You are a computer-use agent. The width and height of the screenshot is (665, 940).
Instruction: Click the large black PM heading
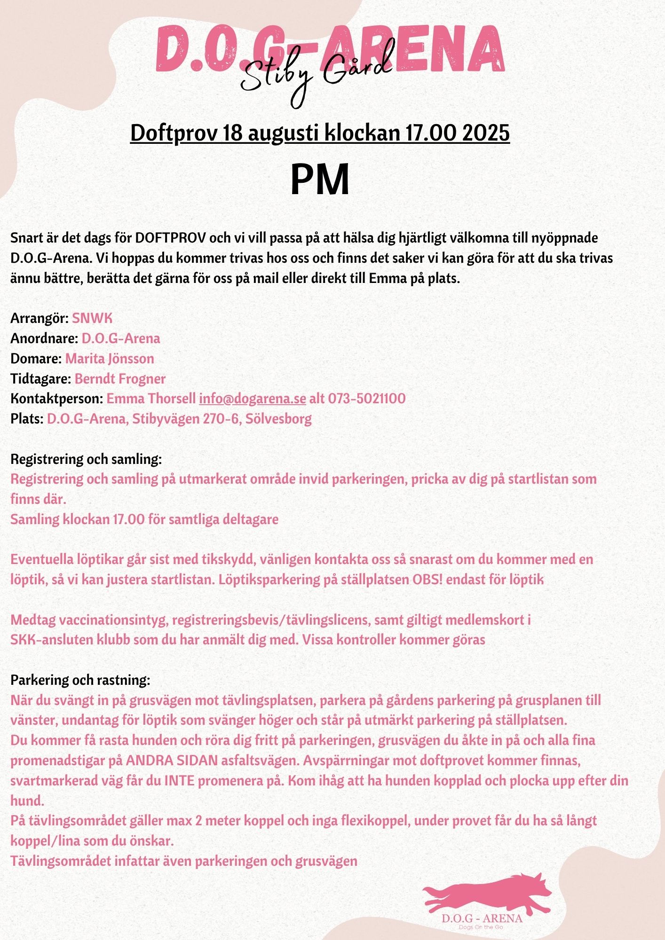coord(320,180)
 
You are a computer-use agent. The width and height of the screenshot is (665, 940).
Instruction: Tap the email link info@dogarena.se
coord(253,399)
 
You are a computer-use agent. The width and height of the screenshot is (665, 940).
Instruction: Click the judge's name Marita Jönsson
coord(110,359)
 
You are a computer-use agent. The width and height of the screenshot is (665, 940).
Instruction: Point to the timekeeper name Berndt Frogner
coord(120,379)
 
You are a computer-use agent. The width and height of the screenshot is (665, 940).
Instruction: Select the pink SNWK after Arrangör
coord(92,319)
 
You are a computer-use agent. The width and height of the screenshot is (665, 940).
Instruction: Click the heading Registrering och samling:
coord(86,459)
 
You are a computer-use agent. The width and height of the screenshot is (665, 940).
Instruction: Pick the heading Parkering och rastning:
coord(80,680)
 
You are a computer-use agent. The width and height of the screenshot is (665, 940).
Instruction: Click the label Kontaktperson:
coord(56,399)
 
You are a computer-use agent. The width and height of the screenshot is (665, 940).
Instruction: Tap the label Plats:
coord(27,419)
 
